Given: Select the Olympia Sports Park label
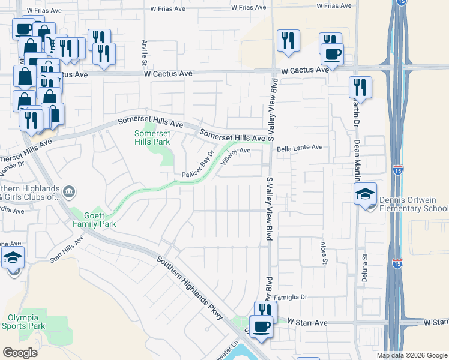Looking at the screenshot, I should coord(26,322).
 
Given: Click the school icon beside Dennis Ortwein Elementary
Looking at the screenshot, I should coord(365,194).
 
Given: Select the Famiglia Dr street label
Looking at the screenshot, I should coord(291,297).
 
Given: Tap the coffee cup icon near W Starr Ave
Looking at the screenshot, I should coord(261,326).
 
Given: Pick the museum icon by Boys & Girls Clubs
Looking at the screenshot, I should coord(70,191).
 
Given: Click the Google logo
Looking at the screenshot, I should coord(20,353).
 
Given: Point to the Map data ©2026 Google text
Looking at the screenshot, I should coord(411,355).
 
